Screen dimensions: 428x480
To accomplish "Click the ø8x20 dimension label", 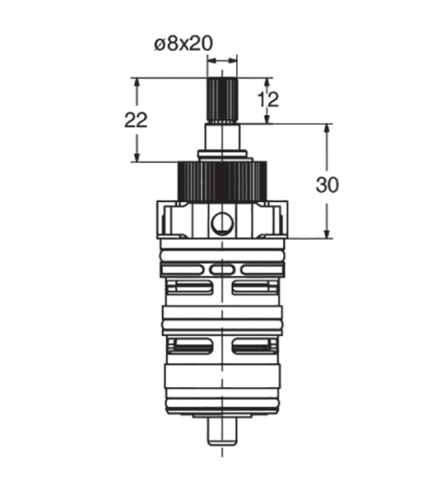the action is [183, 44].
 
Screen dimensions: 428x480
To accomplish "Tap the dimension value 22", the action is [136, 119].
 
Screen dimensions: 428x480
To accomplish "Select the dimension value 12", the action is [268, 99].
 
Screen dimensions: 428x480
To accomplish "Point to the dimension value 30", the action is [327, 185].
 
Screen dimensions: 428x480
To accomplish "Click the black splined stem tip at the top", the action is [222, 99].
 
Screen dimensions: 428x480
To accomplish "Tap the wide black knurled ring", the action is [222, 180].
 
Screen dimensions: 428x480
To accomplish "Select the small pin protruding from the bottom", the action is [222, 431].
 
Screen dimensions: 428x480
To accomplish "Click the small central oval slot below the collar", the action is [222, 270].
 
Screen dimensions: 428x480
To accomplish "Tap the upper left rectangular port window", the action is [190, 287].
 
